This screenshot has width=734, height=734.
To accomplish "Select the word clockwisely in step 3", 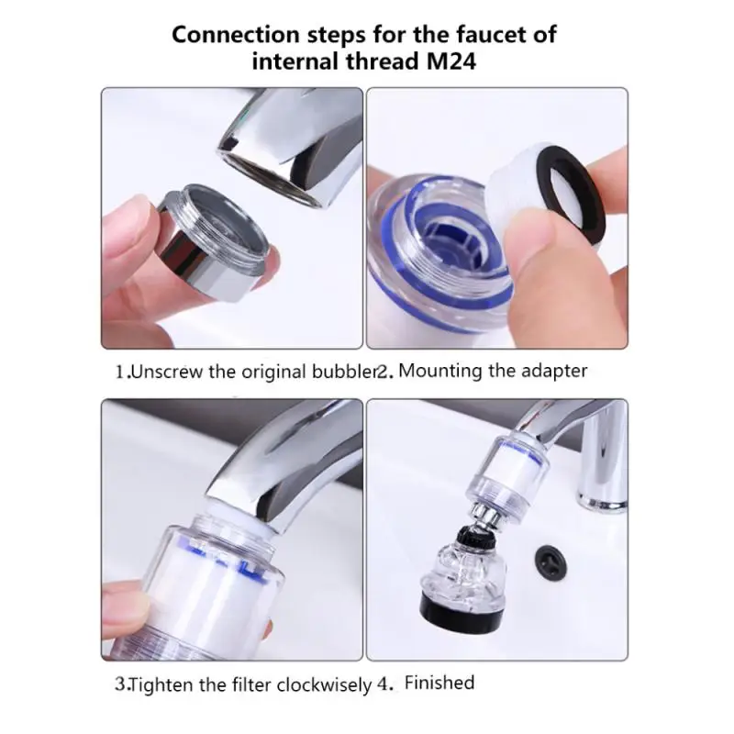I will (322, 684).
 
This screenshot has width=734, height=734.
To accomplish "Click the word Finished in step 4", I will (439, 683).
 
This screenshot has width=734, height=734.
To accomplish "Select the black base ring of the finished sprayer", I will (462, 607).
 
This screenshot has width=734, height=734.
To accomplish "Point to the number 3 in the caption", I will (119, 684).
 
